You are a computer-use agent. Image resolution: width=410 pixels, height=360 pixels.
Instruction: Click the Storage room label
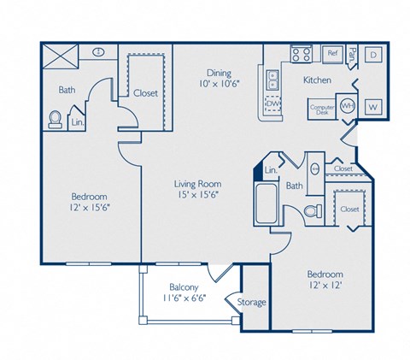pos(252,302)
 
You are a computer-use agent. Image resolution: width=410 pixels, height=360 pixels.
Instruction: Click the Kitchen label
pos(317,80)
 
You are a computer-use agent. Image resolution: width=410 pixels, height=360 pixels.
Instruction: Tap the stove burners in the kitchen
pos(301,54)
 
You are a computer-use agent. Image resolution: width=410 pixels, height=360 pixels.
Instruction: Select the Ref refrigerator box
pos(331,53)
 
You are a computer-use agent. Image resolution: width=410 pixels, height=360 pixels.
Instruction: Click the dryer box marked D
pos(373,55)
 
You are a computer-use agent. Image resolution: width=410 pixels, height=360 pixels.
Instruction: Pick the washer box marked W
pos(372,107)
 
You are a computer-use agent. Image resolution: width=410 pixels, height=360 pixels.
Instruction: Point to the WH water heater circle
pos(348,105)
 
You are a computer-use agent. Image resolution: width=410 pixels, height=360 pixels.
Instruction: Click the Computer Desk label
pos(322,109)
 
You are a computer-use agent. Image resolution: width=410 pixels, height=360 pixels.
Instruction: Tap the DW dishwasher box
pos(273,104)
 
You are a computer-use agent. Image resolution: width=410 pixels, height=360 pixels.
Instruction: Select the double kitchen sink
pos(273,80)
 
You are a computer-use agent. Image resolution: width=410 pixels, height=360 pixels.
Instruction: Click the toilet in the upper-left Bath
pos(56,120)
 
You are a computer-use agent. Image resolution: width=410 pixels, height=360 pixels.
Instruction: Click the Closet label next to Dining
pos(145,92)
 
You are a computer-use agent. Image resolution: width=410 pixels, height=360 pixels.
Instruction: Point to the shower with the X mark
pos(61,57)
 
